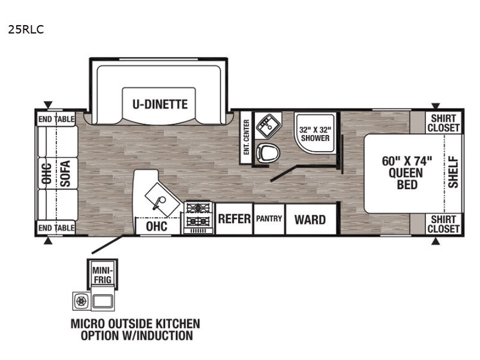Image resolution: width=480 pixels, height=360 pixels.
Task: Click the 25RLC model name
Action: [x=26, y=29]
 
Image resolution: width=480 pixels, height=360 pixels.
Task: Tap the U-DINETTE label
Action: [x=160, y=104]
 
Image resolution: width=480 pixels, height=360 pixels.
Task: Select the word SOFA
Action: [x=65, y=173]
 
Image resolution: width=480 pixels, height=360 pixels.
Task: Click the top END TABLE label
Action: [x=56, y=119]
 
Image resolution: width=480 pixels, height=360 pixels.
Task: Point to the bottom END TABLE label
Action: [x=56, y=228]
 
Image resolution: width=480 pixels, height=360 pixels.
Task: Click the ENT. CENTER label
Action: [x=246, y=137]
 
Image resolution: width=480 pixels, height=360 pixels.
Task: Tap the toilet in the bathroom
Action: [x=268, y=152]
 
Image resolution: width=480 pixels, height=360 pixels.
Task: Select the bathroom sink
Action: [x=268, y=125]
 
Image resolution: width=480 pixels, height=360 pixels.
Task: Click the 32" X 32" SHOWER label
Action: [x=315, y=134]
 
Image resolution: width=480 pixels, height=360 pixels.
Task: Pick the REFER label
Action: [x=234, y=219]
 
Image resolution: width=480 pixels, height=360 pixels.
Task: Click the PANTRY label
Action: [x=269, y=218]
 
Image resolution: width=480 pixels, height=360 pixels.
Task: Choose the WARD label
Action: [x=310, y=220]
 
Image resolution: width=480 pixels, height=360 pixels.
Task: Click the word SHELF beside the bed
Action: [x=454, y=172]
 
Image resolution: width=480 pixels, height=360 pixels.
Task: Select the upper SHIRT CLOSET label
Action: [x=443, y=123]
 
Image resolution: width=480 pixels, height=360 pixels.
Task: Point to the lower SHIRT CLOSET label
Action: [x=443, y=224]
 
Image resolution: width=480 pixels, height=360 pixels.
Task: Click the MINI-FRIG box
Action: [x=102, y=275]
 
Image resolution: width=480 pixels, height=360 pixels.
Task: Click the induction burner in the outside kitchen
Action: [x=82, y=301]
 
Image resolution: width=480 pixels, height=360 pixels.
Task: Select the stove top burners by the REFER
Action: [x=199, y=218]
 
